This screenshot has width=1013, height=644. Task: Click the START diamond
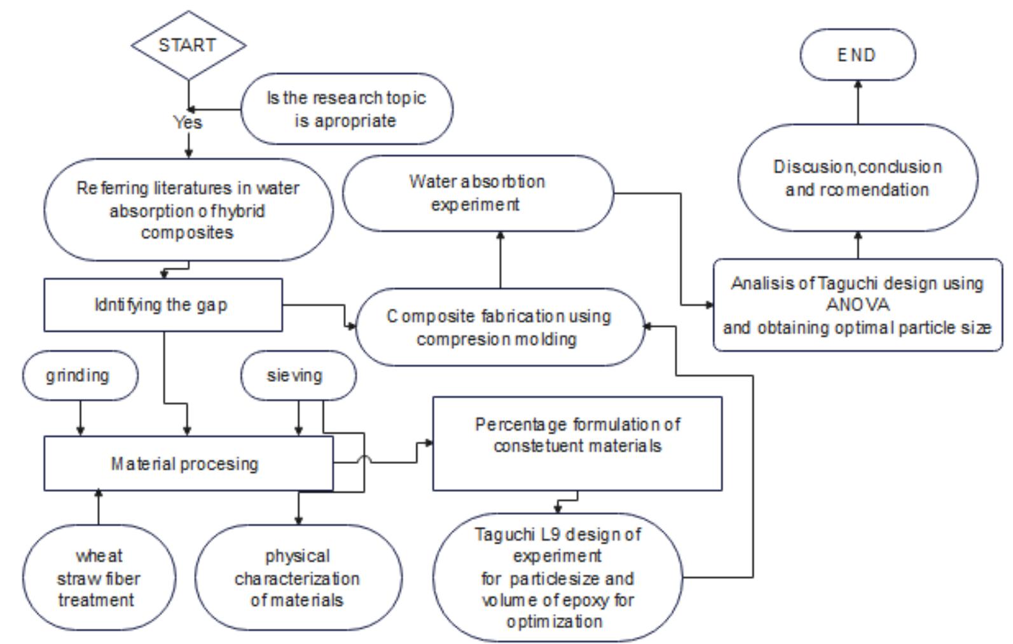click(188, 45)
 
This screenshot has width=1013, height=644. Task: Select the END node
click(857, 55)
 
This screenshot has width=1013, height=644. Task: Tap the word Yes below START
click(188, 122)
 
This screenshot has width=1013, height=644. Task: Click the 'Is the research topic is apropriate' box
click(347, 109)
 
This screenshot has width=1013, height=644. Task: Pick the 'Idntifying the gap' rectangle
click(163, 305)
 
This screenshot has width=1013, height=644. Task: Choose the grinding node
click(79, 375)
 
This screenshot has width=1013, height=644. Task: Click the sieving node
click(298, 375)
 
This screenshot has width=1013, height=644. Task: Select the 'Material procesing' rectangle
click(188, 463)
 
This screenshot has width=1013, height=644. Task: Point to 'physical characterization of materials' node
click(298, 578)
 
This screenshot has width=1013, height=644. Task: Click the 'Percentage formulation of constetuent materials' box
click(577, 444)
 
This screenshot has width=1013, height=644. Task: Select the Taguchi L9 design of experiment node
click(557, 577)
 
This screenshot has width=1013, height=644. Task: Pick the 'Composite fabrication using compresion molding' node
click(499, 327)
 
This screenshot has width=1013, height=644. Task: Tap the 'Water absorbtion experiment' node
click(477, 193)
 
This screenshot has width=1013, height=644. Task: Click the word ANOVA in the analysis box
click(857, 305)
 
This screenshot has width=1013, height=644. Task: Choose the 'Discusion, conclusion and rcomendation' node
click(857, 178)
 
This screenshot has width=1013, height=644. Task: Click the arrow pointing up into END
click(858, 102)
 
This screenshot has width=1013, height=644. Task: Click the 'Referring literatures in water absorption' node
click(188, 210)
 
